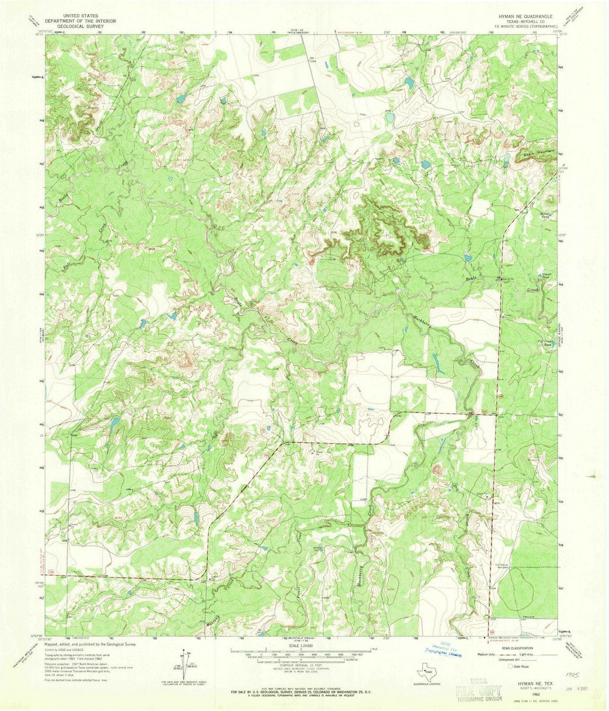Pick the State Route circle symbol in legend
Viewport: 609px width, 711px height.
tap(510, 666)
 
